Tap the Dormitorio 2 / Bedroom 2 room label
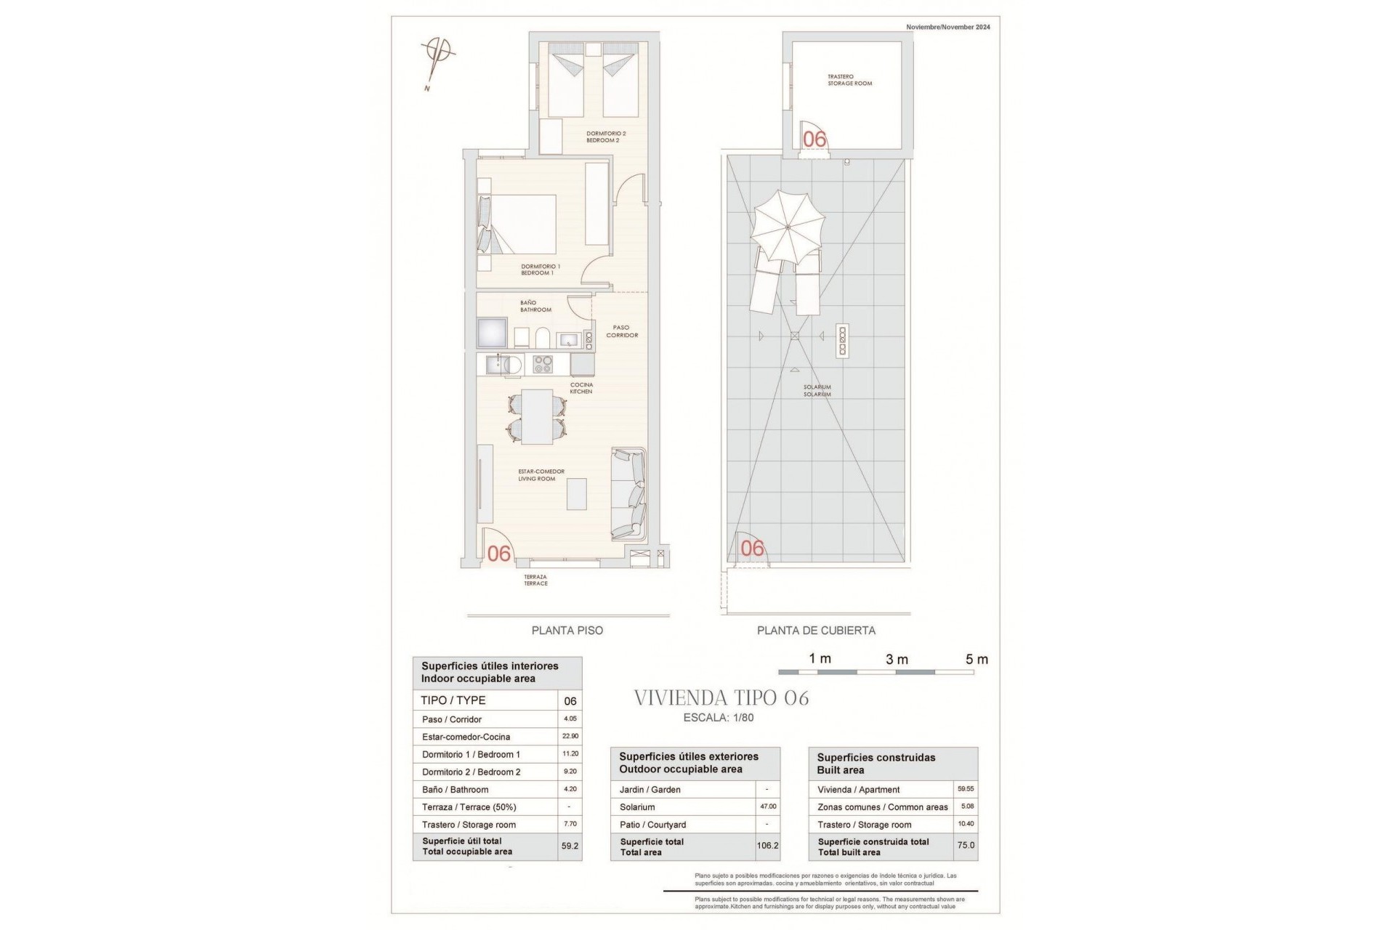606,137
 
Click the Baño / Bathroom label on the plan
535,306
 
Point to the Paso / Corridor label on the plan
621,331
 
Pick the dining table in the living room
537,416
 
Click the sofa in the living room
628,494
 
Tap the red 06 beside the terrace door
499,554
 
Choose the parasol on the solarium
789,227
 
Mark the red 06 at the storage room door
814,139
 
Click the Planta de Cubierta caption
816,631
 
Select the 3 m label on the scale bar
897,660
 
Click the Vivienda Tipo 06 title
721,698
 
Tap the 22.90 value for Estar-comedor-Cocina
570,736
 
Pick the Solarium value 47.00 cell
768,806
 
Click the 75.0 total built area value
966,846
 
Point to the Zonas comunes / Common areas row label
882,807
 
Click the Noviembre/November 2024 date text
947,27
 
